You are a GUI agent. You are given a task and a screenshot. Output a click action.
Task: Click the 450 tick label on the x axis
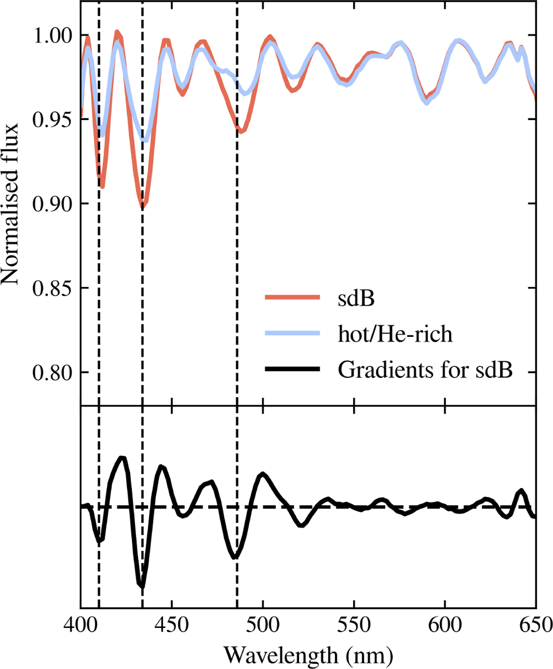click(x=171, y=625)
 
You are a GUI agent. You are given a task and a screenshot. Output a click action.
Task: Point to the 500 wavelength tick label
click(x=263, y=625)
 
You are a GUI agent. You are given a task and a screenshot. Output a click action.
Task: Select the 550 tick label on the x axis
click(x=353, y=625)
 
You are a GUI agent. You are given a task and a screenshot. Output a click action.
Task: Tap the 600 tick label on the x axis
click(x=445, y=625)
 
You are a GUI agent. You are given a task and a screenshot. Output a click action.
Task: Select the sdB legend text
click(x=356, y=299)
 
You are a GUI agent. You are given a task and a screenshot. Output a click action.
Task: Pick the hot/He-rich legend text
click(x=395, y=334)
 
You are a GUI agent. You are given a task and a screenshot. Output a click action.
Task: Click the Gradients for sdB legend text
click(x=425, y=370)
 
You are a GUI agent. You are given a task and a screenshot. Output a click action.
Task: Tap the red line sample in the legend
click(x=292, y=298)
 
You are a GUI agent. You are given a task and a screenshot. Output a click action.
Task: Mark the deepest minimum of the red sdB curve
click(x=142, y=207)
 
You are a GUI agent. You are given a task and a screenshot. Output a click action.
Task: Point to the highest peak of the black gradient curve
click(x=122, y=458)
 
